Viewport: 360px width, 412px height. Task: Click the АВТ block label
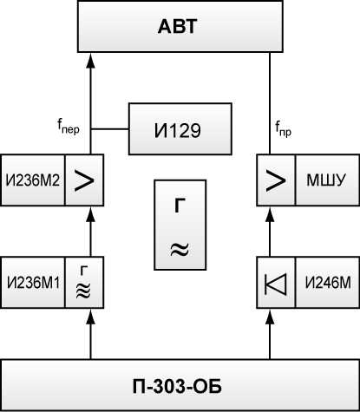(178, 26)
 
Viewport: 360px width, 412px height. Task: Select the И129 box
(180, 129)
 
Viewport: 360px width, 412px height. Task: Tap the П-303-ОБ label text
(177, 386)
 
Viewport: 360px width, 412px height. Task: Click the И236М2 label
(33, 180)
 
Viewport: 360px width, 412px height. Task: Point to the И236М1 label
(33, 283)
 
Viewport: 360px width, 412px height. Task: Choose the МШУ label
(326, 180)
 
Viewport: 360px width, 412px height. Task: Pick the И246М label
(328, 283)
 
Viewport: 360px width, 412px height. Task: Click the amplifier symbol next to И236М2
(84, 180)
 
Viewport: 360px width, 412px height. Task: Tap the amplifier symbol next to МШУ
(276, 180)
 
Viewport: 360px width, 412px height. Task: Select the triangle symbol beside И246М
(276, 284)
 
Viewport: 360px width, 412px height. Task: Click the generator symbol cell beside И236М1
(84, 283)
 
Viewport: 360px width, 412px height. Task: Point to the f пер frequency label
(69, 128)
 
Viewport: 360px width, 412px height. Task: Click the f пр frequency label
(283, 128)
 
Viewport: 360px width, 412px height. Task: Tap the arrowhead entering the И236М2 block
(91, 214)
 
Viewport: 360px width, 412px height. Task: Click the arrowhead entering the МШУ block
(270, 214)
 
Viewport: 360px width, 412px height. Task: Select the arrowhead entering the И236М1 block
(91, 317)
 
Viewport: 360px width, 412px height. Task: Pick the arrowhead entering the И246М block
(270, 317)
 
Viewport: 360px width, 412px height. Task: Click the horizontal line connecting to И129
(110, 129)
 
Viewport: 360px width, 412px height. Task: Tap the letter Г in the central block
(180, 206)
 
